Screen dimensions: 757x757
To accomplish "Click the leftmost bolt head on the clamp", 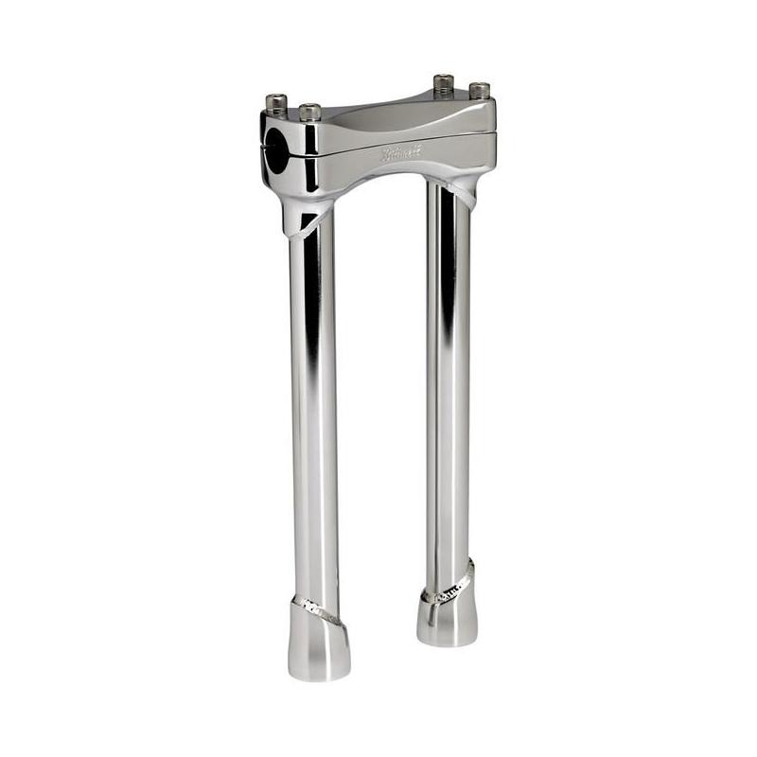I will [275, 101].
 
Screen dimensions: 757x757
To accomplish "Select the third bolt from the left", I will [444, 83].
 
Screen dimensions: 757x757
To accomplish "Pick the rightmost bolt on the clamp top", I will [479, 92].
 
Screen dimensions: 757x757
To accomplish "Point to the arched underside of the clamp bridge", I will [378, 179].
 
